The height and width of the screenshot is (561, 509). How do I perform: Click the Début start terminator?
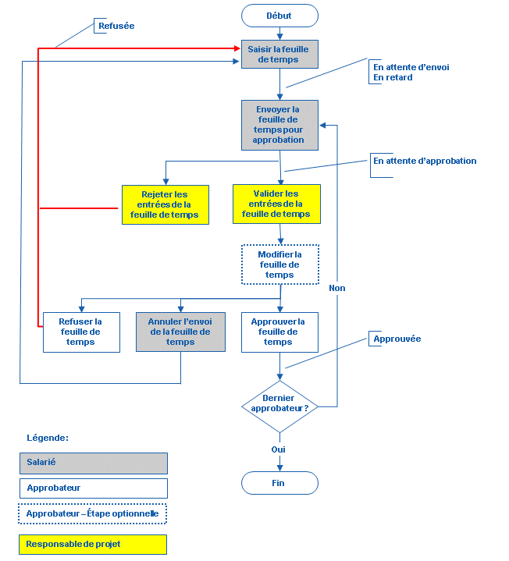coord(279,16)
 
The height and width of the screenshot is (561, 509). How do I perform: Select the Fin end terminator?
coord(279,483)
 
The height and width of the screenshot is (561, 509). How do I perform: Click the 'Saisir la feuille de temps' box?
coord(279,55)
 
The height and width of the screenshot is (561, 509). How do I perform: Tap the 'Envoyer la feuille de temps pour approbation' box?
coord(279,124)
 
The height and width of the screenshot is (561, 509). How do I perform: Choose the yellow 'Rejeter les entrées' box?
coord(166,204)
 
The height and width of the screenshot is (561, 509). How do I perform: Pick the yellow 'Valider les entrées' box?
coord(276,204)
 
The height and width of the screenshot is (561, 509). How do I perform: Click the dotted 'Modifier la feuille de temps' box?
coord(279,265)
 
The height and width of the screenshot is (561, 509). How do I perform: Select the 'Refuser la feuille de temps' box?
coord(81,332)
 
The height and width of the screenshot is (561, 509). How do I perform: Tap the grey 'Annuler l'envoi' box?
coord(180,332)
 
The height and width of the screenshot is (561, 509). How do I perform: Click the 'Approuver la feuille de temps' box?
coord(279,332)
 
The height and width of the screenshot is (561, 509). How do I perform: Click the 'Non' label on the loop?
coord(337,288)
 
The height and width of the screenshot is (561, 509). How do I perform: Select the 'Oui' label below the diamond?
coord(279,449)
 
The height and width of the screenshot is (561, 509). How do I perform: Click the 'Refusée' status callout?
coord(116,26)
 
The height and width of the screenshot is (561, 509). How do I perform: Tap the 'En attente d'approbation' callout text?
coord(425,161)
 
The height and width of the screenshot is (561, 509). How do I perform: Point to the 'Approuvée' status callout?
coord(397,339)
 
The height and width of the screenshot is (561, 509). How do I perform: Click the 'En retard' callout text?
coord(393,77)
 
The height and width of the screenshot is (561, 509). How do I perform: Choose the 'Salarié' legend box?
coord(93,463)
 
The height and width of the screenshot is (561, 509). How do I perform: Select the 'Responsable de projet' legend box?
coord(93,544)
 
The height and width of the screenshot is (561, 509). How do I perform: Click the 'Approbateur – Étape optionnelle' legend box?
coord(93,513)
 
